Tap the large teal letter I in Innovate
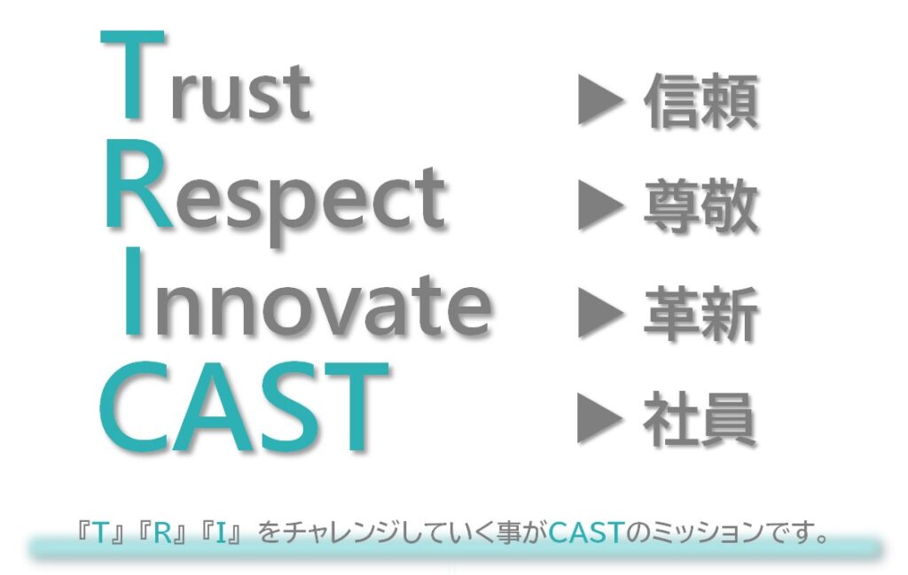(x=133, y=292)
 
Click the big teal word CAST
(x=244, y=408)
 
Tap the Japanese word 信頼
(x=701, y=101)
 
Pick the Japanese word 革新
(x=701, y=315)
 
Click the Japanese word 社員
(x=701, y=419)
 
